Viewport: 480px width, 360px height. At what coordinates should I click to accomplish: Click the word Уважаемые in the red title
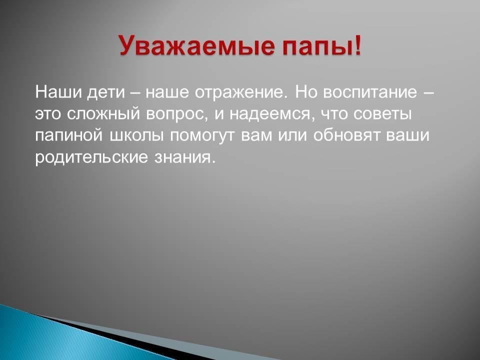coord(196,46)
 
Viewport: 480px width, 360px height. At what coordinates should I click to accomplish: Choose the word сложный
coord(103,113)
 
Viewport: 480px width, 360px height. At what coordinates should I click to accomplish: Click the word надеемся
coord(271,114)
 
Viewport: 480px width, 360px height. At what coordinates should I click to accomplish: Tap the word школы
coord(136,136)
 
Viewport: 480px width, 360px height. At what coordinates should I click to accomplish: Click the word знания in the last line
coord(182,157)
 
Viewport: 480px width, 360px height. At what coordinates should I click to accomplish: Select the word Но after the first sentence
coord(306,92)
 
